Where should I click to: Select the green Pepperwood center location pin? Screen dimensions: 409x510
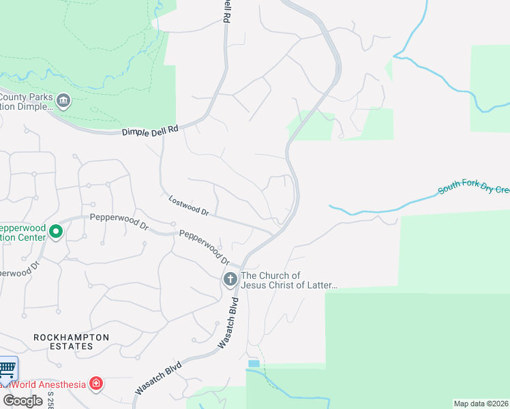click(x=56, y=232)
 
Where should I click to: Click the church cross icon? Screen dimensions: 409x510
click(x=230, y=278)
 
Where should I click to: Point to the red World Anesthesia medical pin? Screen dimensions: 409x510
click(x=97, y=384)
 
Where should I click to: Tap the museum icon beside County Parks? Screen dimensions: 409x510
click(x=63, y=102)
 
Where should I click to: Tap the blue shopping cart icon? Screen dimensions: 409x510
click(x=6, y=370)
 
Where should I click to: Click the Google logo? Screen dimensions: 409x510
click(x=22, y=400)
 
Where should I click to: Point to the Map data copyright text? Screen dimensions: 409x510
click(x=481, y=404)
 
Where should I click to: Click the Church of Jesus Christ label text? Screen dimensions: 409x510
click(x=289, y=280)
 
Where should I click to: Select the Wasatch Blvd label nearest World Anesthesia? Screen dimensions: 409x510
click(x=158, y=377)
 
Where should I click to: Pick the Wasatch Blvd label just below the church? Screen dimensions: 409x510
click(x=229, y=323)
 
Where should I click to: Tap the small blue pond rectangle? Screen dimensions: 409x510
click(x=254, y=363)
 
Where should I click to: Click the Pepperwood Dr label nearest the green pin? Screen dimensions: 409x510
click(x=119, y=222)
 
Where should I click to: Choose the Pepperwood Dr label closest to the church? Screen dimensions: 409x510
click(x=203, y=247)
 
